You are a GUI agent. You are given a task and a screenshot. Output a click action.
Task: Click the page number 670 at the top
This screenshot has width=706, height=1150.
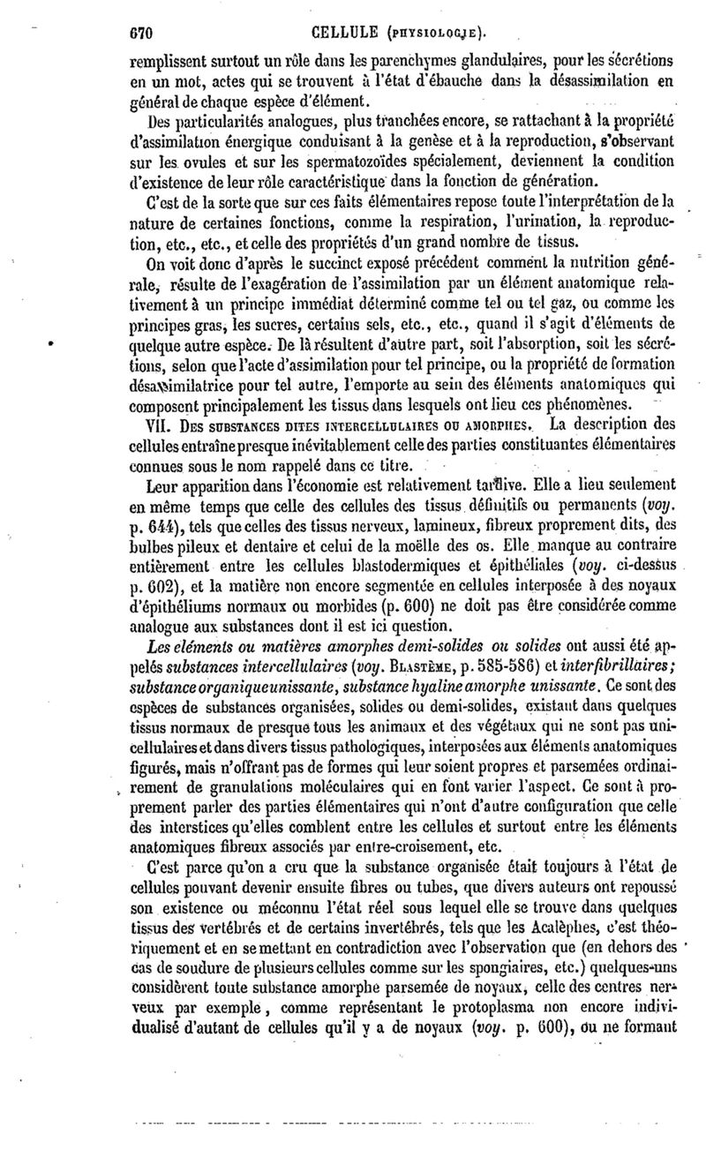tap(140, 33)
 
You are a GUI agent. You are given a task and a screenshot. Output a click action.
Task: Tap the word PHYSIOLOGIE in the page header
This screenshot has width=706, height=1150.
tap(424, 34)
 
